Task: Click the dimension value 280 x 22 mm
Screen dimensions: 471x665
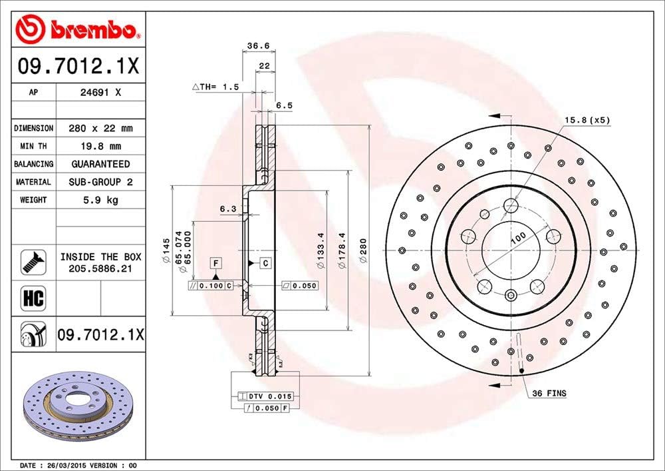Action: coord(100,128)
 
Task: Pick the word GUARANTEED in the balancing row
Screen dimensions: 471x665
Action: coord(100,164)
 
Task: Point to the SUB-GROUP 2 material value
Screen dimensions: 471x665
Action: coord(100,182)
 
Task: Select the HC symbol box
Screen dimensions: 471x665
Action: coord(33,298)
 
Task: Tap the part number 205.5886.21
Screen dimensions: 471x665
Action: coord(100,268)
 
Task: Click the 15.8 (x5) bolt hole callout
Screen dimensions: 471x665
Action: coord(587,120)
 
